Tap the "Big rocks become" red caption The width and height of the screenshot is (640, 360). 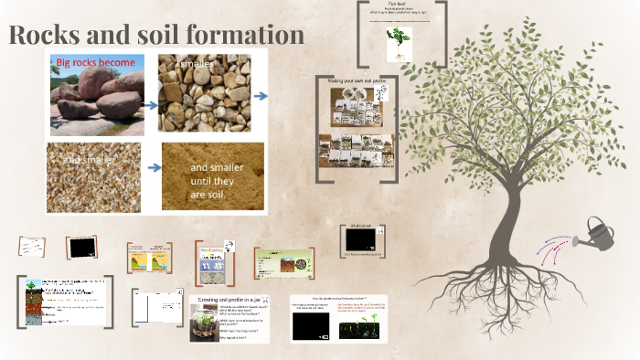pos(96,63)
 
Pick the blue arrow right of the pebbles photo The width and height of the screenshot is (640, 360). pos(261,95)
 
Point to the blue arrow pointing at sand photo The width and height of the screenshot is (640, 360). pos(153,167)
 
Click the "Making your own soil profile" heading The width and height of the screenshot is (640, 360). pos(357,81)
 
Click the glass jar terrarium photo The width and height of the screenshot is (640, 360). pos(203,322)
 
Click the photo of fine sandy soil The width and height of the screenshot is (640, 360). pos(213,175)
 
